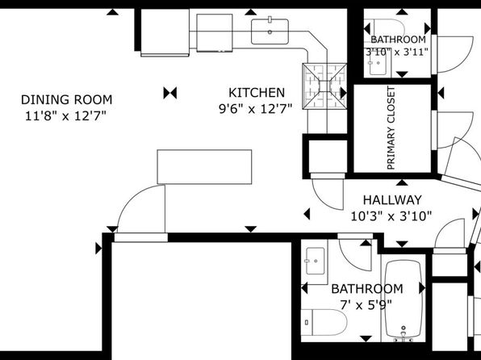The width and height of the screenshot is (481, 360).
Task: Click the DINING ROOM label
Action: coord(66,100)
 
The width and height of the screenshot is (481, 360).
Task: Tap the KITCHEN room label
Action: coord(257,93)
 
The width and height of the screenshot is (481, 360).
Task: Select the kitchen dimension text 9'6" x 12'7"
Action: coord(255,109)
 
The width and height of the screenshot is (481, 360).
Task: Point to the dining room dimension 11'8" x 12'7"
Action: coord(65,116)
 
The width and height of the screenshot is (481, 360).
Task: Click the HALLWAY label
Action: coord(392,200)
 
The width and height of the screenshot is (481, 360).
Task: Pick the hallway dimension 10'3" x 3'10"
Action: coord(391,216)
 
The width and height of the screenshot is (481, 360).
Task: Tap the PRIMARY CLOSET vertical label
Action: coord(391,128)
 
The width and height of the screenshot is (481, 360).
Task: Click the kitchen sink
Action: coord(270,31)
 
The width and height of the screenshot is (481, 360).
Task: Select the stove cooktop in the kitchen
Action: coord(324,86)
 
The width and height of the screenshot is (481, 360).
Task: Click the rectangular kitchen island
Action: coord(204,167)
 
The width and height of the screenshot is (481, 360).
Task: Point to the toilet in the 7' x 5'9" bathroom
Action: coord(324,322)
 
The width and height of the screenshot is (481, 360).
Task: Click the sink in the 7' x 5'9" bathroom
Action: coord(315,261)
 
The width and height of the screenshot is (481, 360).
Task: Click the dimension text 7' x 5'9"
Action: coord(366,305)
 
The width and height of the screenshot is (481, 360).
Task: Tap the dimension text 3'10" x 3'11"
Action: coord(397,52)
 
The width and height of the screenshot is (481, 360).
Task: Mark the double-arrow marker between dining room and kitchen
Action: coord(170,93)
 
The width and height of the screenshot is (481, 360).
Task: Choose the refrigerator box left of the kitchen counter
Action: coord(165,32)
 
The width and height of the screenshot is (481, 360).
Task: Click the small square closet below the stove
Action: coord(328,157)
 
